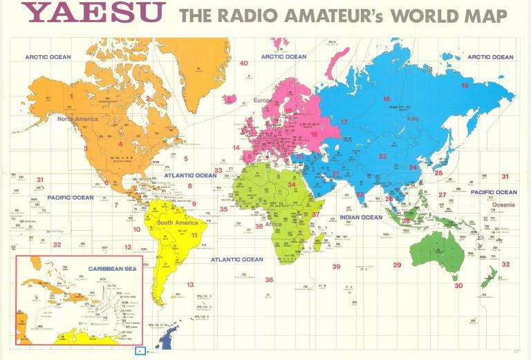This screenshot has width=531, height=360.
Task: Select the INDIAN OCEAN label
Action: [360, 218]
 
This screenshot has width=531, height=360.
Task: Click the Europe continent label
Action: [261, 101]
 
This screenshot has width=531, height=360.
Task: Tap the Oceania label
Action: [503, 205]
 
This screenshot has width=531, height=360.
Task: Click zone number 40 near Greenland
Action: [243, 64]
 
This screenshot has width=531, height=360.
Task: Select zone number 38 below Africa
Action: [269, 280]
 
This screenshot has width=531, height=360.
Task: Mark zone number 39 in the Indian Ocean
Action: [336, 267]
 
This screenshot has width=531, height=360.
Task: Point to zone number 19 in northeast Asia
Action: [465, 86]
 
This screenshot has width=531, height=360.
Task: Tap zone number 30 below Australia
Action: [458, 285]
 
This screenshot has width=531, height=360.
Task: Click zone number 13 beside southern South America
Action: [190, 285]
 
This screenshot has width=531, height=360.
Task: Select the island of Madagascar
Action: [320, 240]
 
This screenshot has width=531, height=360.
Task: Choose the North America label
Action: [78, 119]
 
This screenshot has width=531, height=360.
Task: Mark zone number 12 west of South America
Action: [128, 247]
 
